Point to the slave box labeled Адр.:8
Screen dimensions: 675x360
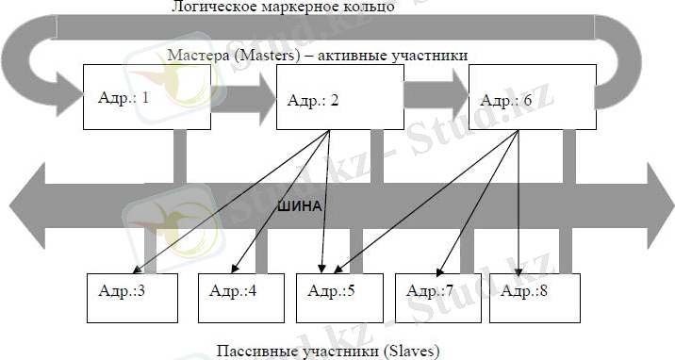pyautogui.click(x=528, y=292)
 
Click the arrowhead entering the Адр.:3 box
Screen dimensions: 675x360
pyautogui.click(x=149, y=272)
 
